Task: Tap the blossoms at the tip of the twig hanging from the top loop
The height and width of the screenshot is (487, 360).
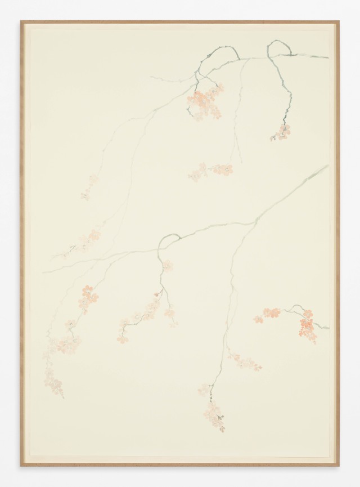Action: tap(281, 133)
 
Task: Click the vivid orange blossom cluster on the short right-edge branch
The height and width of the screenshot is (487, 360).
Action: tap(307, 325)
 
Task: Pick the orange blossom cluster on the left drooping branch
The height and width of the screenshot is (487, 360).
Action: tap(88, 296)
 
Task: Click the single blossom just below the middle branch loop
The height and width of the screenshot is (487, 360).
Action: tap(167, 265)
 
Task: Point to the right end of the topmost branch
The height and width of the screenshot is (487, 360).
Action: tap(328, 57)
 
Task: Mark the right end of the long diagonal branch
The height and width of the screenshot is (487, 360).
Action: tap(328, 166)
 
